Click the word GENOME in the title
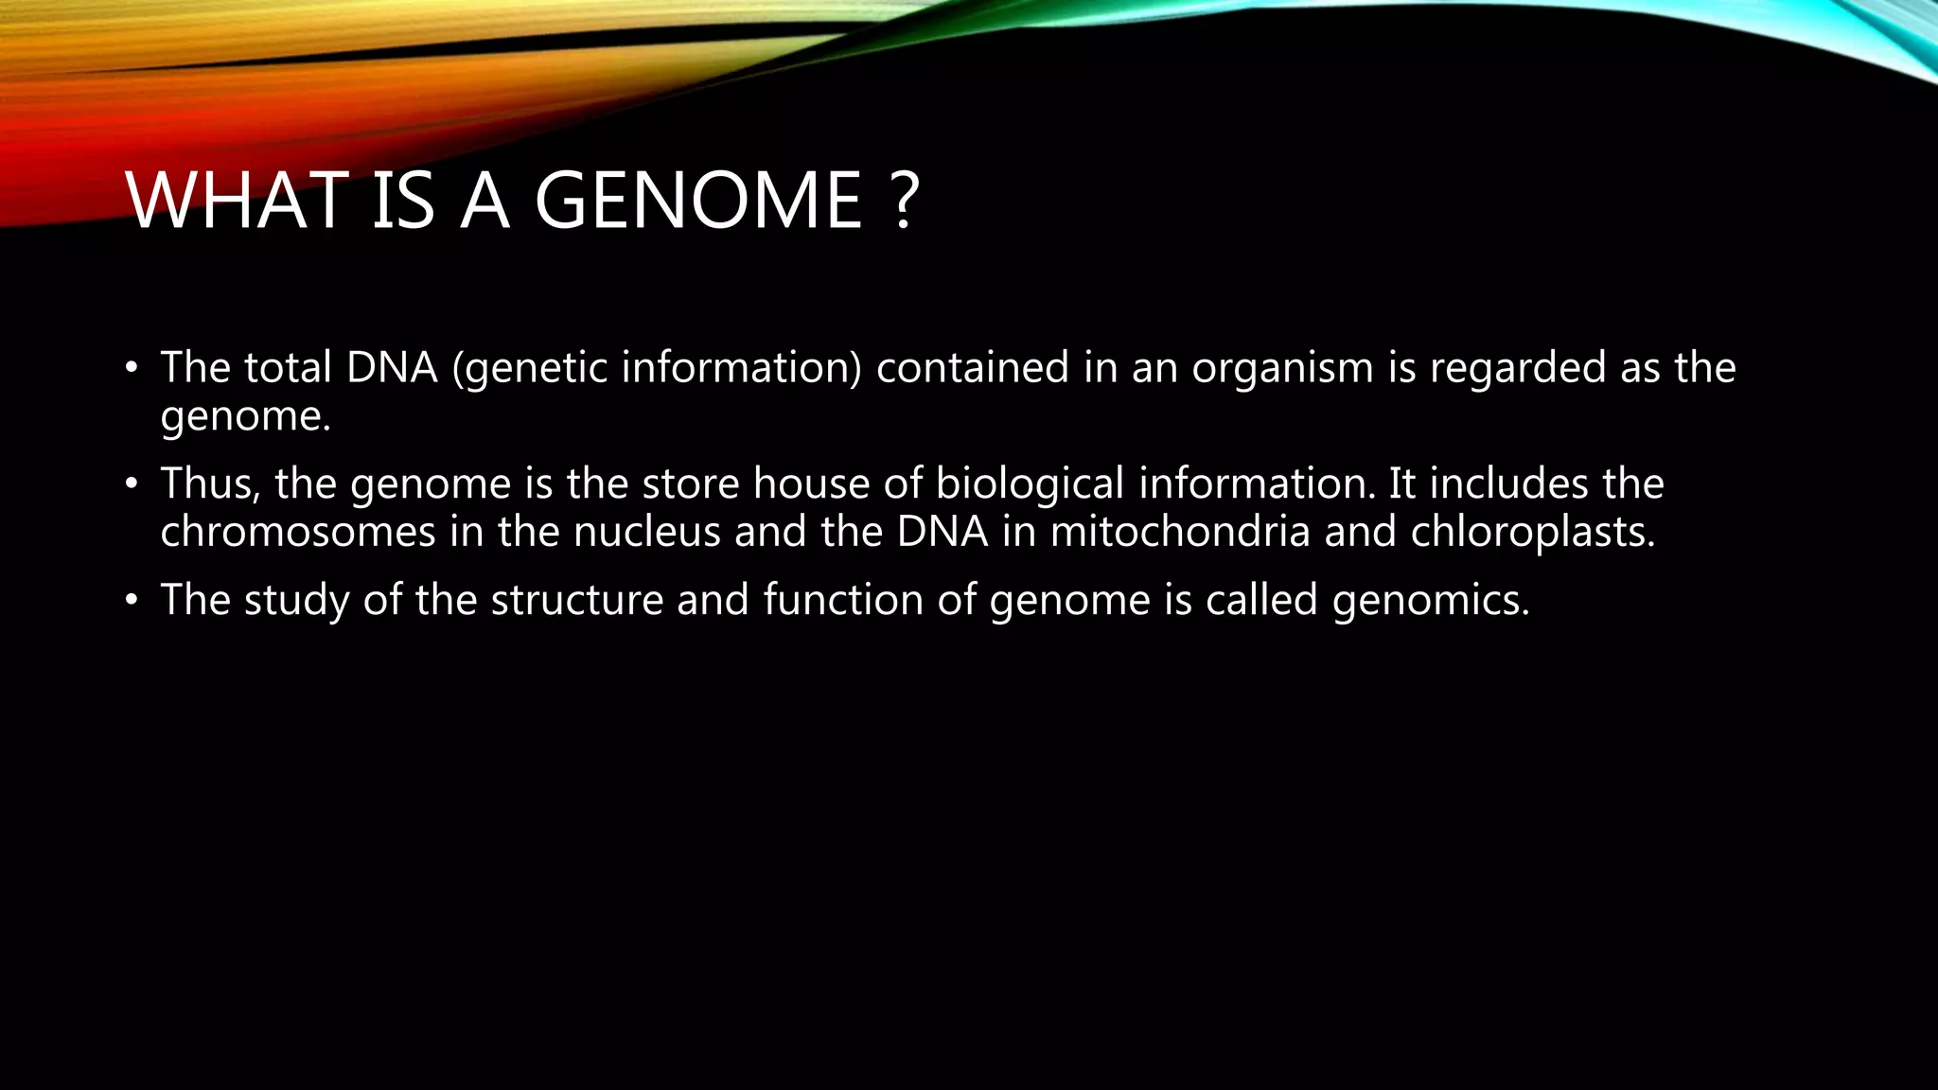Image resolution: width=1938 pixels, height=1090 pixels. tap(698, 201)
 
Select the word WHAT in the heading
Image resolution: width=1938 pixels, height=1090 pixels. tap(236, 201)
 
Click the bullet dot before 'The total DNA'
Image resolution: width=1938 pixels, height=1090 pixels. tap(132, 368)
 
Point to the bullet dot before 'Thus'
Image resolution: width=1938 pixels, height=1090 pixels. tap(132, 484)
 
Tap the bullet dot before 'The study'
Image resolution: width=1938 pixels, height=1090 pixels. tap(132, 601)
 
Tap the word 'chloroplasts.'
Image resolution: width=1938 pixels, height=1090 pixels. tap(1533, 532)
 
